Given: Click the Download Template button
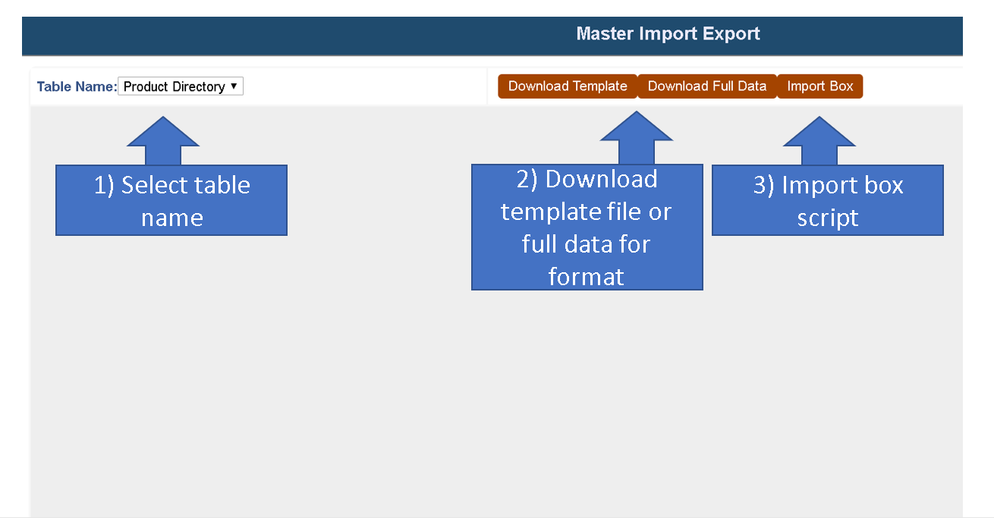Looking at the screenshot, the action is click(x=567, y=86).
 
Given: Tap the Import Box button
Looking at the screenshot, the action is click(x=820, y=86).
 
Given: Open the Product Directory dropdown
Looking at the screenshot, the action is click(x=181, y=86).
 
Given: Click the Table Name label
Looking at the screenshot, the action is click(x=77, y=86).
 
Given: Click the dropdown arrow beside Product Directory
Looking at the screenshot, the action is click(x=234, y=85).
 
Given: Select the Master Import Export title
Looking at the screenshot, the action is click(x=668, y=33).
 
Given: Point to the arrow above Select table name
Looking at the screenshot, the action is click(x=163, y=140).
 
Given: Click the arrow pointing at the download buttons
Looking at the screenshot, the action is click(x=637, y=137).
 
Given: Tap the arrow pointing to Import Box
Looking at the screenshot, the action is click(x=819, y=140).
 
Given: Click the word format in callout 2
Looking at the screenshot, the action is click(x=587, y=277).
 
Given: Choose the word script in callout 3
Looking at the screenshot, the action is click(x=828, y=218).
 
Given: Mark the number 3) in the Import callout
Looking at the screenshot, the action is click(x=763, y=185).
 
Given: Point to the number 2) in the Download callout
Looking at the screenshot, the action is click(x=527, y=179).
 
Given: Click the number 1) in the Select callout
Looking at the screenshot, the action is click(x=104, y=185).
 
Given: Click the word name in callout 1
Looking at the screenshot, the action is click(x=172, y=218).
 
